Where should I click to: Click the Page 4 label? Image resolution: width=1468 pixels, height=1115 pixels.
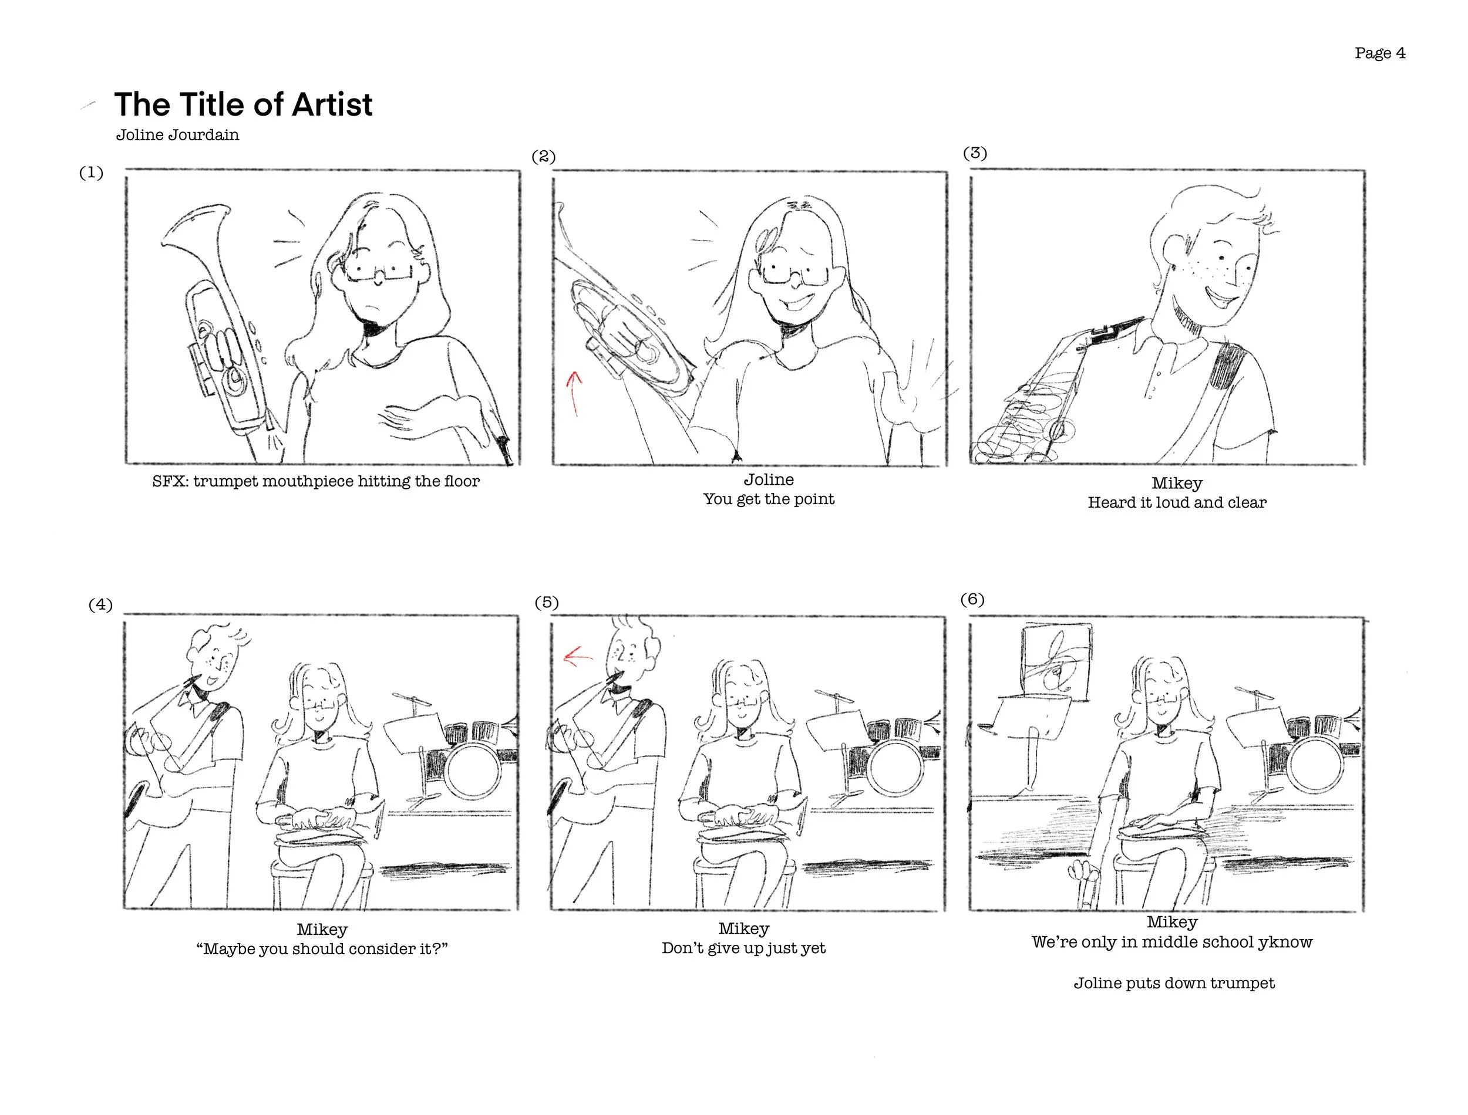[x=1380, y=53]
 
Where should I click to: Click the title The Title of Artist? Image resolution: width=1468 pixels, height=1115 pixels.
[x=243, y=104]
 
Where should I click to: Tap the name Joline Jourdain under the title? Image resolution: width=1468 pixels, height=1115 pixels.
[x=177, y=135]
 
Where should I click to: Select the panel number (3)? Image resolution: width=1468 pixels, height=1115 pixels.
[x=975, y=153]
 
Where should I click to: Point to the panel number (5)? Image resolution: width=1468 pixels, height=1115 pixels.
[x=547, y=603]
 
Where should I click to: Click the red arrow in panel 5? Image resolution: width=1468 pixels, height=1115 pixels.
[x=578, y=657]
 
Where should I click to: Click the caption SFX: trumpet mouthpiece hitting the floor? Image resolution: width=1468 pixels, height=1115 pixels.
[x=316, y=481]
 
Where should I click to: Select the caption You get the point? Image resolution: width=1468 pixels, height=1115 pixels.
[x=769, y=499]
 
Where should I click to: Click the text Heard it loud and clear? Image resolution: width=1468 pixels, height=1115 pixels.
[x=1177, y=502]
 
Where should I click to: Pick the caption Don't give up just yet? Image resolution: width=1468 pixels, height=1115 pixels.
[x=743, y=948]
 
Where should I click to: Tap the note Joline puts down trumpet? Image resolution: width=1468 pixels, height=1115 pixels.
[x=1174, y=983]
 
